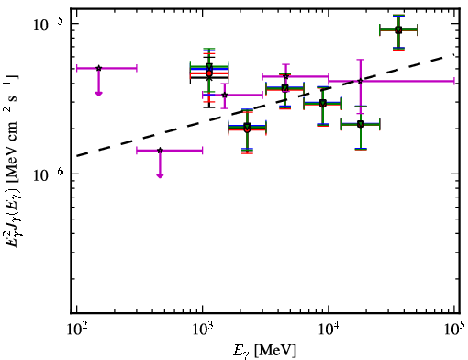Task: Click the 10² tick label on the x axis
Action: (x=77, y=330)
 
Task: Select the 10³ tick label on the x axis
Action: (x=203, y=330)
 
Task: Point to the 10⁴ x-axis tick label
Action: (x=329, y=330)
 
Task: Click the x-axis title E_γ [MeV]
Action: (x=264, y=351)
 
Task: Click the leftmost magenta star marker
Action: (x=98, y=68)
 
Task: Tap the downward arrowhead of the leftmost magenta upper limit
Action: (x=98, y=94)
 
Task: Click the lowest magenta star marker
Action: (x=160, y=151)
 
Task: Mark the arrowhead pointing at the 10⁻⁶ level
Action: (x=160, y=175)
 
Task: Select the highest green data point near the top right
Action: (x=398, y=29)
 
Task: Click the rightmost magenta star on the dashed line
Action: (x=361, y=81)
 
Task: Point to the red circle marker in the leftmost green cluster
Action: (x=209, y=73)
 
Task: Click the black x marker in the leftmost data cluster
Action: (x=209, y=78)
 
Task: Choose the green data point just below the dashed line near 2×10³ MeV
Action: (x=247, y=127)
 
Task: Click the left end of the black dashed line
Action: (x=77, y=156)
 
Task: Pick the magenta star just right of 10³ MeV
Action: (x=225, y=95)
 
